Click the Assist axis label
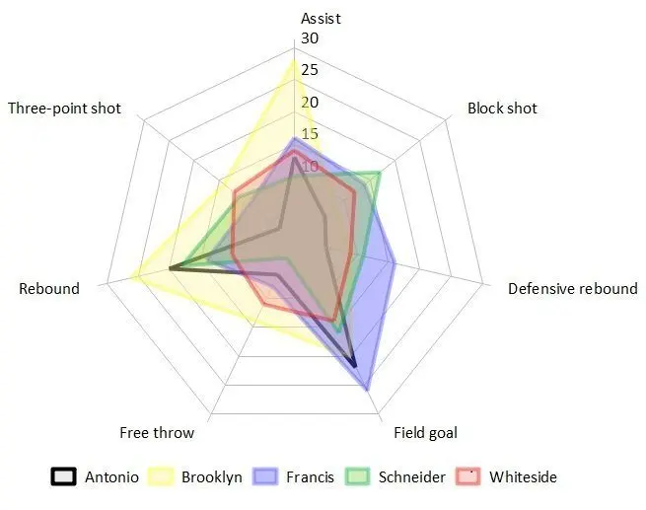[x=321, y=18]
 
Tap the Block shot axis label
[x=502, y=109]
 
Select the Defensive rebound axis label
[x=572, y=289]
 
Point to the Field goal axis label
[x=425, y=432]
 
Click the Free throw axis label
[x=157, y=432]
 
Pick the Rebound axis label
[x=49, y=289]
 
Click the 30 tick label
[x=311, y=38]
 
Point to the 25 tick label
[x=311, y=70]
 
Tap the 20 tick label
[x=311, y=103]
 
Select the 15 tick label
[x=311, y=134]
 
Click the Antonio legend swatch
[x=64, y=477]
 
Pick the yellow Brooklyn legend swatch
[x=161, y=477]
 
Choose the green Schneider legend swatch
[x=360, y=477]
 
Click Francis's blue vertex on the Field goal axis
[x=368, y=389]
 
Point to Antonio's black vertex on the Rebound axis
[x=171, y=267]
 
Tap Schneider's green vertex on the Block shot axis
[x=379, y=175]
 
